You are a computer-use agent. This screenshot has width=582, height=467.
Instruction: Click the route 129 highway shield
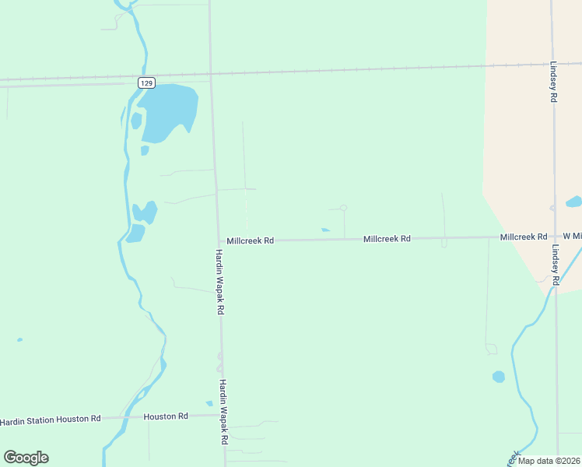click(x=147, y=82)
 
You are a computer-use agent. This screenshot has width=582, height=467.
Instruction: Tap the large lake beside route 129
click(x=165, y=111)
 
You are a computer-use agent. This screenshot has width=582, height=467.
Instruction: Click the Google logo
click(x=26, y=458)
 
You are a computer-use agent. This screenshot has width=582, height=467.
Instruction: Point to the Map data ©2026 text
click(x=549, y=461)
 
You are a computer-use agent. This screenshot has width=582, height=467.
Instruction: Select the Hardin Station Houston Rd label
click(x=51, y=420)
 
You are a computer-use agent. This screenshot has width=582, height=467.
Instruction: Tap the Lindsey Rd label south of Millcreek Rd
click(x=556, y=265)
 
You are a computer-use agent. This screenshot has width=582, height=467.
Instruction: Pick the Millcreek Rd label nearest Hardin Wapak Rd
click(x=250, y=241)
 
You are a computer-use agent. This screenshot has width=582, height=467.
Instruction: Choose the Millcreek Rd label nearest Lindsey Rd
click(x=524, y=237)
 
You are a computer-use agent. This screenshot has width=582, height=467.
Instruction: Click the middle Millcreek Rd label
click(x=387, y=239)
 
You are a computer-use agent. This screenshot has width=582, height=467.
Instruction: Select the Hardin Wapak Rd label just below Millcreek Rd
click(x=220, y=282)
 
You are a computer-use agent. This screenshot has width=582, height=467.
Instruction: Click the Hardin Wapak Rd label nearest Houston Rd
click(x=223, y=412)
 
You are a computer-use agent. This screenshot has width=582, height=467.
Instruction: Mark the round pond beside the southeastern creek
click(x=499, y=377)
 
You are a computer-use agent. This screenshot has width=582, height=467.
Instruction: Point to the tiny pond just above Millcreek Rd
click(x=325, y=230)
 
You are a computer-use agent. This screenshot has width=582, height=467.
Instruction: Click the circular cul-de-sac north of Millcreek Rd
click(x=343, y=208)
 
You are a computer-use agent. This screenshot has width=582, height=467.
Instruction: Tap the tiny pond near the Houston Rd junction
click(x=209, y=403)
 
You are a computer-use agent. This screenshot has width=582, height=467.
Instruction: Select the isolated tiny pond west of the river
click(x=19, y=339)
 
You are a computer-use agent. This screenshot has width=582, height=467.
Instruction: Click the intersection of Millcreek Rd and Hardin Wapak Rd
click(x=218, y=241)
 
